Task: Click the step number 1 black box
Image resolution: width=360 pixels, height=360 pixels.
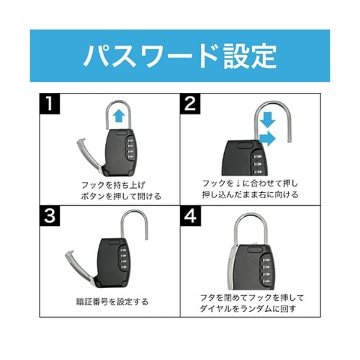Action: pos(50,104)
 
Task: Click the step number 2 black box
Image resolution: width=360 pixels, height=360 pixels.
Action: pos(190,104)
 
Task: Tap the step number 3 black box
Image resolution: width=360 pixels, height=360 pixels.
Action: pos(50,216)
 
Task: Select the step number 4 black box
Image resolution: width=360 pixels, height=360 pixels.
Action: pos(190,216)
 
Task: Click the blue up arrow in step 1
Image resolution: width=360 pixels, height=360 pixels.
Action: pos(119,117)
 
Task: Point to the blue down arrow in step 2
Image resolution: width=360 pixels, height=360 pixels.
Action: pos(268,120)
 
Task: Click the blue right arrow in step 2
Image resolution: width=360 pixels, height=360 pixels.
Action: pos(267,139)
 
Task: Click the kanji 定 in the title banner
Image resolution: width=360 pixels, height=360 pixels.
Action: pos(264,56)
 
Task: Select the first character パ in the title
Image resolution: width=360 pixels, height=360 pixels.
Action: pos(96,56)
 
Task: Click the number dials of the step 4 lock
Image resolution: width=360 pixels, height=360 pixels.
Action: pos(266,270)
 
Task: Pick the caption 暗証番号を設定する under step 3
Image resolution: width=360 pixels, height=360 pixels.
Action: pos(112,302)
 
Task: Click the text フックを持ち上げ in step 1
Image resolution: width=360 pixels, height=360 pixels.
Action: pos(113,185)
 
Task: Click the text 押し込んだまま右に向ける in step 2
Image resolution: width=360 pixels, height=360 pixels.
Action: pos(250,194)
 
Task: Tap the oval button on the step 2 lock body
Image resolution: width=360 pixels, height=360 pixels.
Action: pos(245,145)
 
